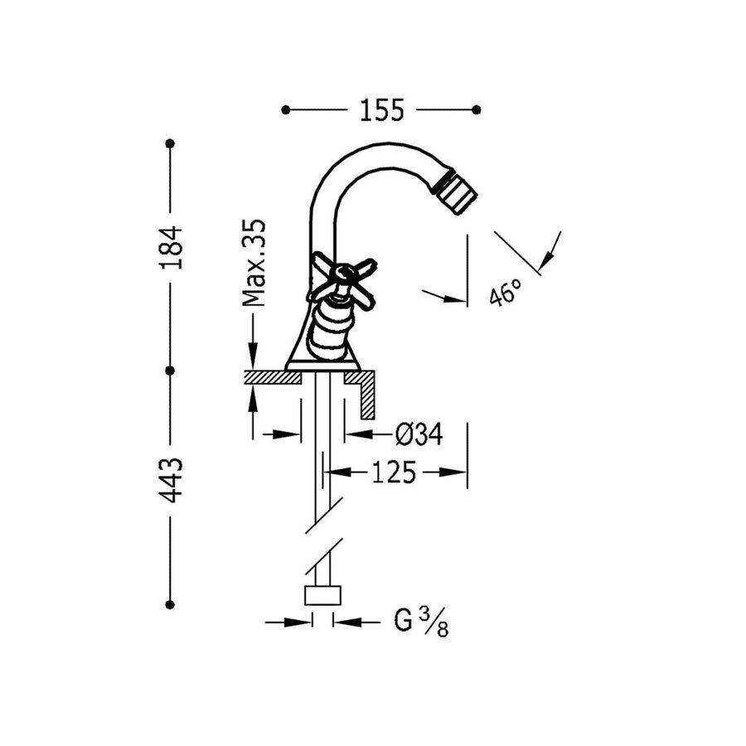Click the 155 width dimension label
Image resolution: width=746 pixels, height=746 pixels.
click(x=381, y=109)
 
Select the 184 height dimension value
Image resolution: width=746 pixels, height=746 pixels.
click(x=171, y=247)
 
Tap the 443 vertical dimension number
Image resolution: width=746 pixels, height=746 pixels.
click(x=171, y=480)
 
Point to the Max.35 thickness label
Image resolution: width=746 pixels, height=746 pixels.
click(x=254, y=263)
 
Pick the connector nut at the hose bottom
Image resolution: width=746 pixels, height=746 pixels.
click(x=323, y=595)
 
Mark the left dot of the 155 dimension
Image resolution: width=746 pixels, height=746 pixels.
click(x=286, y=109)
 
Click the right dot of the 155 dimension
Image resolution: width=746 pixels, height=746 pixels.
click(x=476, y=109)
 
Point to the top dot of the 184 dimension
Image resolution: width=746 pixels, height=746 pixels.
click(x=171, y=143)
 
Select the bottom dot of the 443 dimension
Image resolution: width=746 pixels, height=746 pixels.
click(x=171, y=604)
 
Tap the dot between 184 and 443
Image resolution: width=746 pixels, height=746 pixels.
click(x=171, y=371)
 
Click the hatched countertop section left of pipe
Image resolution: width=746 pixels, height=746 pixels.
click(x=273, y=377)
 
